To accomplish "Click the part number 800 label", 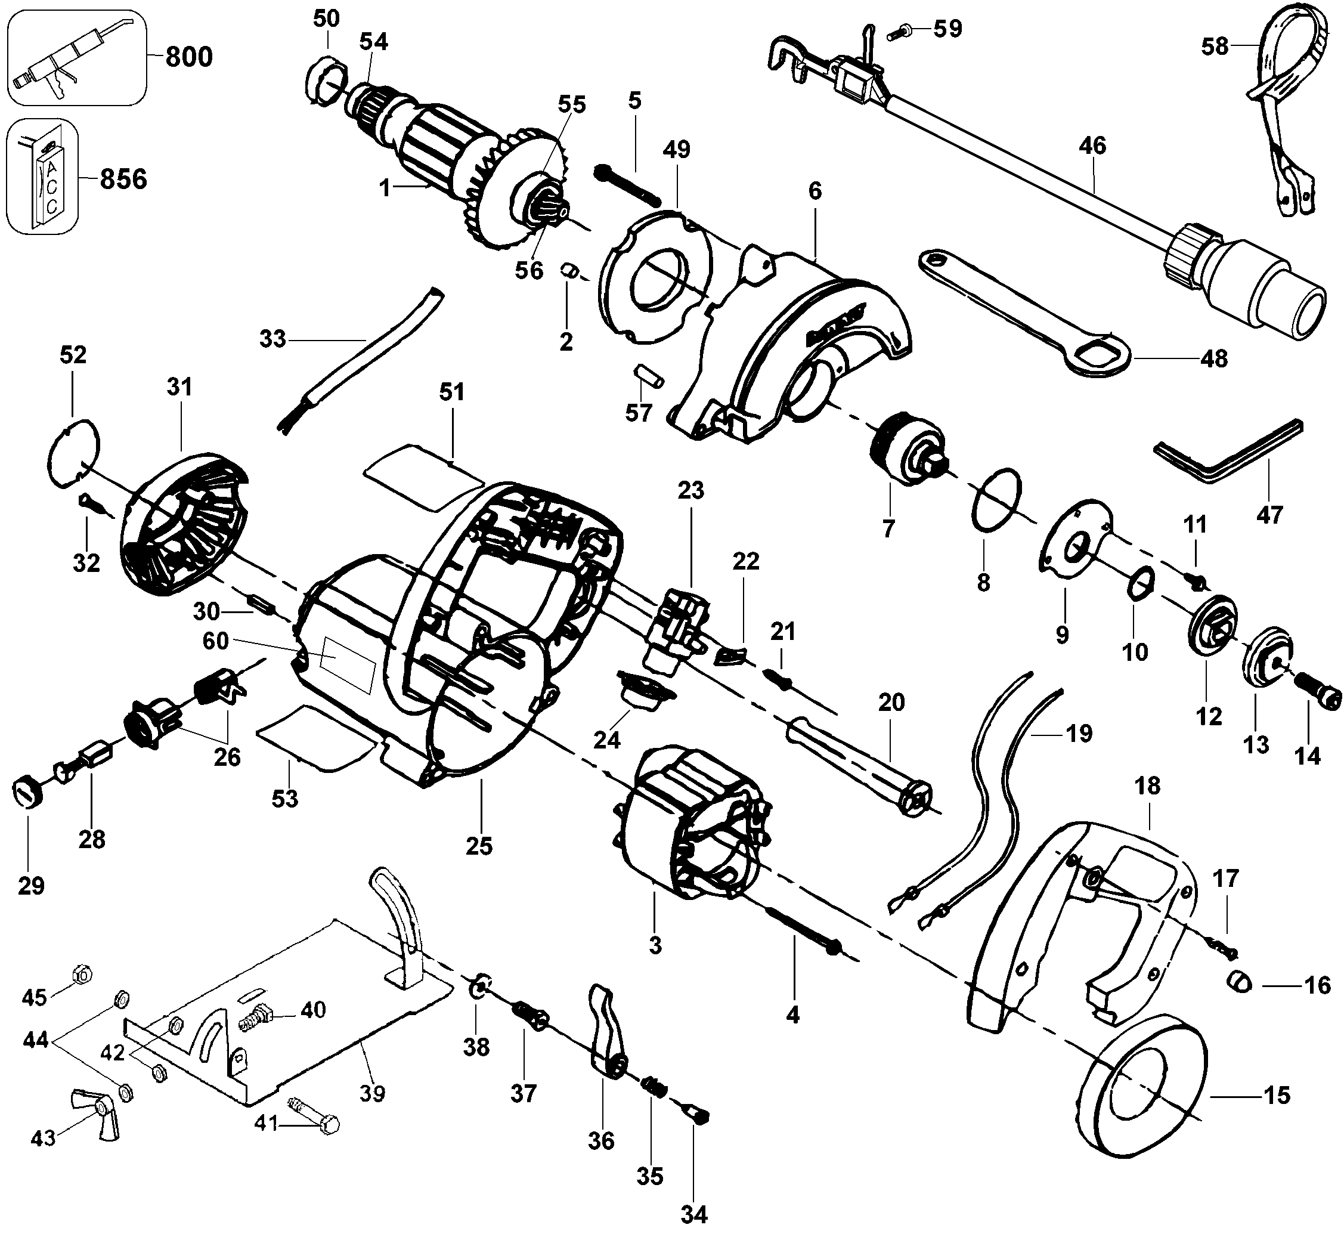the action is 189,57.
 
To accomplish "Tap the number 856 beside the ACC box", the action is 123,179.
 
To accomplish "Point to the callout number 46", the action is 1093,146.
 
